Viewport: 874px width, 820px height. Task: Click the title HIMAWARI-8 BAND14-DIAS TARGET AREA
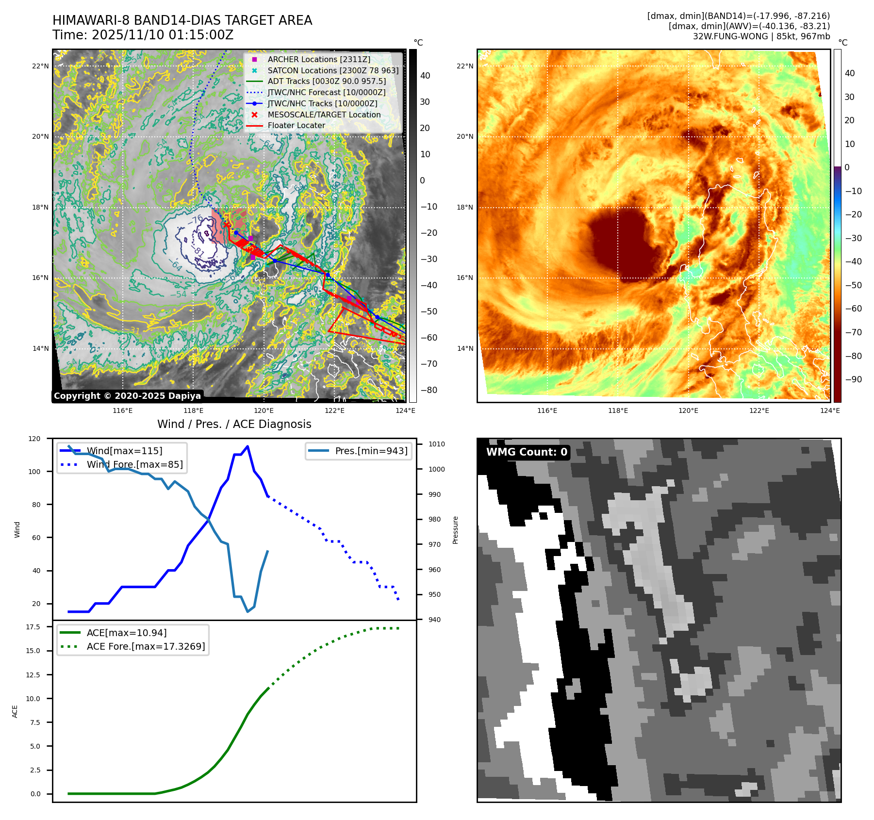click(x=182, y=20)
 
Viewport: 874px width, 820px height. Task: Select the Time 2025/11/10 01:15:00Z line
click(x=143, y=35)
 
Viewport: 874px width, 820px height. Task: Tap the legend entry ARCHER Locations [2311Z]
click(x=318, y=59)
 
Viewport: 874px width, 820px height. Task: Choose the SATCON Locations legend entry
click(x=333, y=70)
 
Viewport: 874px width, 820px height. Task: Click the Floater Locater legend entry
click(x=296, y=125)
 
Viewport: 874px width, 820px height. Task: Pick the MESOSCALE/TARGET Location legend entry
click(x=324, y=115)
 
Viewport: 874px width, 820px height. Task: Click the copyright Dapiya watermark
click(x=127, y=396)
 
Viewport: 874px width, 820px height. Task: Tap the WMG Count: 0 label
click(x=527, y=452)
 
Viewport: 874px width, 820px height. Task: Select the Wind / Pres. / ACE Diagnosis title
click(x=234, y=424)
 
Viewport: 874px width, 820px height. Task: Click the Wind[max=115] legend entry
click(x=124, y=451)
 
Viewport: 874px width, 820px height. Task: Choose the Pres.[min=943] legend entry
click(x=371, y=451)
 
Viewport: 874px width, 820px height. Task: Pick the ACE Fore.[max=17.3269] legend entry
click(x=146, y=646)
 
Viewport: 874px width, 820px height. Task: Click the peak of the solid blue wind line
click(x=247, y=446)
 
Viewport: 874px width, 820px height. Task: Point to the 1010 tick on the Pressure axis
click(x=436, y=444)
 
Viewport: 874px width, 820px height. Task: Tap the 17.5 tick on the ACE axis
click(x=33, y=627)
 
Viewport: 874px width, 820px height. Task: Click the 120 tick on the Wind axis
click(x=34, y=439)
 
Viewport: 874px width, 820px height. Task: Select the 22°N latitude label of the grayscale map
click(x=40, y=66)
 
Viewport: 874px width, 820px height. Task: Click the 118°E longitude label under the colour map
click(x=618, y=410)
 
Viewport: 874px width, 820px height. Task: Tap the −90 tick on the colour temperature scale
click(x=853, y=379)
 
